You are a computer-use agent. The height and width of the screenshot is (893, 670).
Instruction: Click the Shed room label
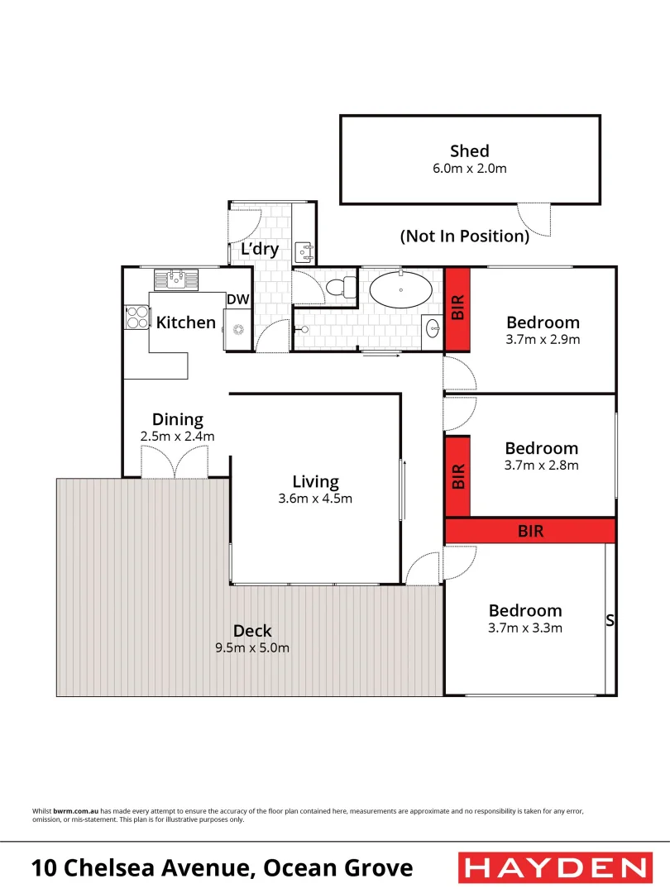(469, 151)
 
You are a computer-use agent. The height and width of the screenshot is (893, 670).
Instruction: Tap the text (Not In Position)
(464, 236)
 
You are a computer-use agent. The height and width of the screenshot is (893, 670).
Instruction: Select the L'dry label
(260, 250)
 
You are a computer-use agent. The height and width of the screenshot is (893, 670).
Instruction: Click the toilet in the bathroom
(340, 288)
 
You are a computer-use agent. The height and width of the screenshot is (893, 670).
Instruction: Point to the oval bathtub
(400, 290)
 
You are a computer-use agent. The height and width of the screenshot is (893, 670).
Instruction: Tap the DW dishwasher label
(238, 300)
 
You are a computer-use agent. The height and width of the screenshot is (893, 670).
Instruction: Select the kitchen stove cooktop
(136, 318)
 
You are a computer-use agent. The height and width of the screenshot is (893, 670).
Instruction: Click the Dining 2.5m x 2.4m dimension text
(177, 436)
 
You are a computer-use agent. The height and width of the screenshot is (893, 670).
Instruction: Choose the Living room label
(315, 481)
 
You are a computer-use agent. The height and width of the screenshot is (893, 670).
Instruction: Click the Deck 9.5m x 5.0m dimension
(251, 647)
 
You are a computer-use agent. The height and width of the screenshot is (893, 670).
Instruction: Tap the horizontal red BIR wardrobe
(530, 531)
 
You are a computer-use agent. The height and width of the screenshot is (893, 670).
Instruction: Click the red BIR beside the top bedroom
(457, 308)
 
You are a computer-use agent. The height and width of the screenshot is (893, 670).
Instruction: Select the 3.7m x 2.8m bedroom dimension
(542, 465)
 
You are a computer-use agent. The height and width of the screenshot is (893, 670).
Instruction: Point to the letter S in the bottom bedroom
(610, 620)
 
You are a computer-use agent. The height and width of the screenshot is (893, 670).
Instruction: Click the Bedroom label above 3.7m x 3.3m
(524, 610)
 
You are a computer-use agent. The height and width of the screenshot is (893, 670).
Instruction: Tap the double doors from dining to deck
(175, 462)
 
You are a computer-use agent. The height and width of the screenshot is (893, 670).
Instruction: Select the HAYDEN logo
(554, 868)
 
